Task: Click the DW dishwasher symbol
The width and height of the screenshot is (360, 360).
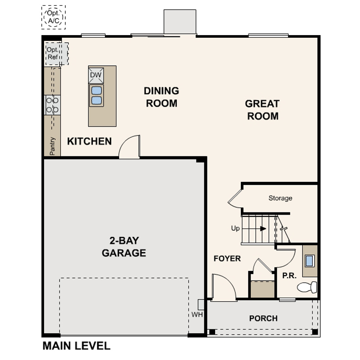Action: click(96, 75)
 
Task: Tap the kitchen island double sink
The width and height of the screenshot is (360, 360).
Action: click(96, 96)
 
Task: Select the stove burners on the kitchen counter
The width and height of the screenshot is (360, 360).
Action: click(52, 105)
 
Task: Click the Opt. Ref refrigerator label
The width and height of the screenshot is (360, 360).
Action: click(52, 53)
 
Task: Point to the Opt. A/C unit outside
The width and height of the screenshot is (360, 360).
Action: click(53, 17)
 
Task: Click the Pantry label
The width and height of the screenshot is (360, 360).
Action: click(52, 146)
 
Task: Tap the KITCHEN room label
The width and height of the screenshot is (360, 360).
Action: click(89, 141)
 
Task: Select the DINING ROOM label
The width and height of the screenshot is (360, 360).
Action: click(161, 97)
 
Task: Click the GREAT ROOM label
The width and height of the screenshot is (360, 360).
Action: click(262, 110)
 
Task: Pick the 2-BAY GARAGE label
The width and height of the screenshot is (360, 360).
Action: click(124, 247)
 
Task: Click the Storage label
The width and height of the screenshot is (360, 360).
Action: click(280, 198)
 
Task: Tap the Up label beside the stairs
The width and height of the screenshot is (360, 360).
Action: click(235, 228)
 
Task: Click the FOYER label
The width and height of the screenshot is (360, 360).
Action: click(227, 259)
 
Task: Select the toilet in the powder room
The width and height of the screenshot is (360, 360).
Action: click(307, 287)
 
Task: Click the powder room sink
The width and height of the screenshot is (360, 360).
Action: click(309, 261)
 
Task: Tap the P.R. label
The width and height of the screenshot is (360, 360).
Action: click(289, 276)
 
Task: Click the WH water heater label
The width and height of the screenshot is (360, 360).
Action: click(197, 314)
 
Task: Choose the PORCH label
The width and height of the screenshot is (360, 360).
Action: click(264, 318)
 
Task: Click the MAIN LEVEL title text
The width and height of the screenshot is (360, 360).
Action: click(77, 346)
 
